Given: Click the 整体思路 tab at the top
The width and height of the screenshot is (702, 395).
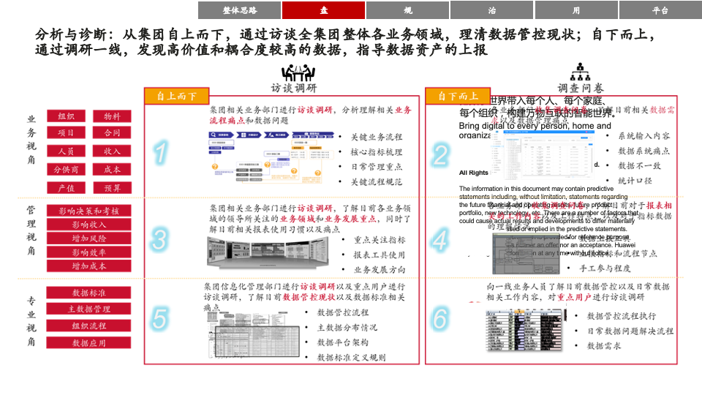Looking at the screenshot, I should click(x=239, y=10).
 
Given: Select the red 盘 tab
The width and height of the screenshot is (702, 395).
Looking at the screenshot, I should click(x=323, y=10).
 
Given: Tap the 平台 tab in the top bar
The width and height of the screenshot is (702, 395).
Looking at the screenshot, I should click(x=660, y=10).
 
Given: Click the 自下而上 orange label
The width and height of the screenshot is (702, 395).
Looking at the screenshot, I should click(x=458, y=96).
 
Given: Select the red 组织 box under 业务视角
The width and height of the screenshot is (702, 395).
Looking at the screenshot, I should click(x=66, y=116).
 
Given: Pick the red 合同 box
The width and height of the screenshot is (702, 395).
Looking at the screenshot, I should click(x=112, y=133).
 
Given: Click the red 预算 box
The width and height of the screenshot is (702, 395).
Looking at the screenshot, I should click(x=112, y=188).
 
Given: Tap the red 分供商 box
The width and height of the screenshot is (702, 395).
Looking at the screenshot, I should click(x=66, y=170).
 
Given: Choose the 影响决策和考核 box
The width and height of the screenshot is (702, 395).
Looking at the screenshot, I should click(x=88, y=211).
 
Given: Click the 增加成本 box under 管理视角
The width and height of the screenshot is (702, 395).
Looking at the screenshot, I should click(x=88, y=266).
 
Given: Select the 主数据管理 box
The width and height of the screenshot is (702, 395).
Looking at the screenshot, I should click(x=88, y=309).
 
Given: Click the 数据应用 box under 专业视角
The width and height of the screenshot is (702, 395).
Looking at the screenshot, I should click(x=88, y=342).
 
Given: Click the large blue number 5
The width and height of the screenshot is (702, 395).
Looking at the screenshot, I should click(x=159, y=318).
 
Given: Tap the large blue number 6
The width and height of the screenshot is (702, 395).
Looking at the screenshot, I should click(x=439, y=318).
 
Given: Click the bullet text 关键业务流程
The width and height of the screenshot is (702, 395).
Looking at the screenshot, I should click(x=376, y=137).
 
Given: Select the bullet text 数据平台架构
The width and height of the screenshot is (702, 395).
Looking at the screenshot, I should click(x=342, y=342).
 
